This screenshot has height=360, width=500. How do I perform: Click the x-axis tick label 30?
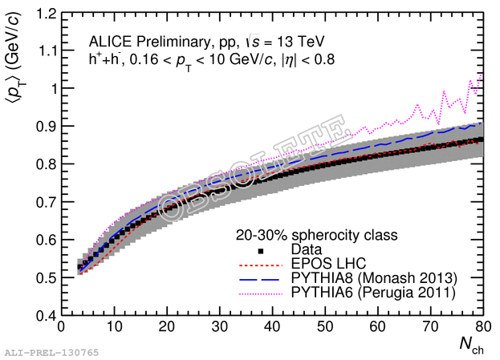[219, 328]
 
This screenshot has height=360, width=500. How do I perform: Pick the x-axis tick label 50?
[325, 328]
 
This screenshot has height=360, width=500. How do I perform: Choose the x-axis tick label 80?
[482, 328]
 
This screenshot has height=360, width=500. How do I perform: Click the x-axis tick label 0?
[61, 328]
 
